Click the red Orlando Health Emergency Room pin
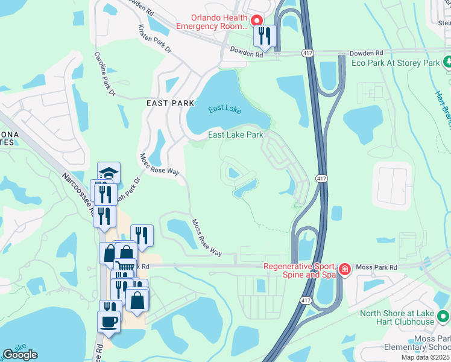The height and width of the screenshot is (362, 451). coord(256,20)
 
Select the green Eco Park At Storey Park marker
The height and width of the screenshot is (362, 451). coord(446,62)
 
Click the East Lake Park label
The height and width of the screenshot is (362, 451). coord(236,135)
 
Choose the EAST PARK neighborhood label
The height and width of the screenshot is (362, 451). coord(170,103)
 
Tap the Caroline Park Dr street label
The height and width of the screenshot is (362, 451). coord(104,74)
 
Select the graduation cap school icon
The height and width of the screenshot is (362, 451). coord(109,173)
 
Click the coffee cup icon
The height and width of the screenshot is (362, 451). coord(109,321)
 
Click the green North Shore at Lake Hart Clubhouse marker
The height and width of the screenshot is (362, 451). coord(444,316)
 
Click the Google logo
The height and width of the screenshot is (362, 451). coord(20,355)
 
